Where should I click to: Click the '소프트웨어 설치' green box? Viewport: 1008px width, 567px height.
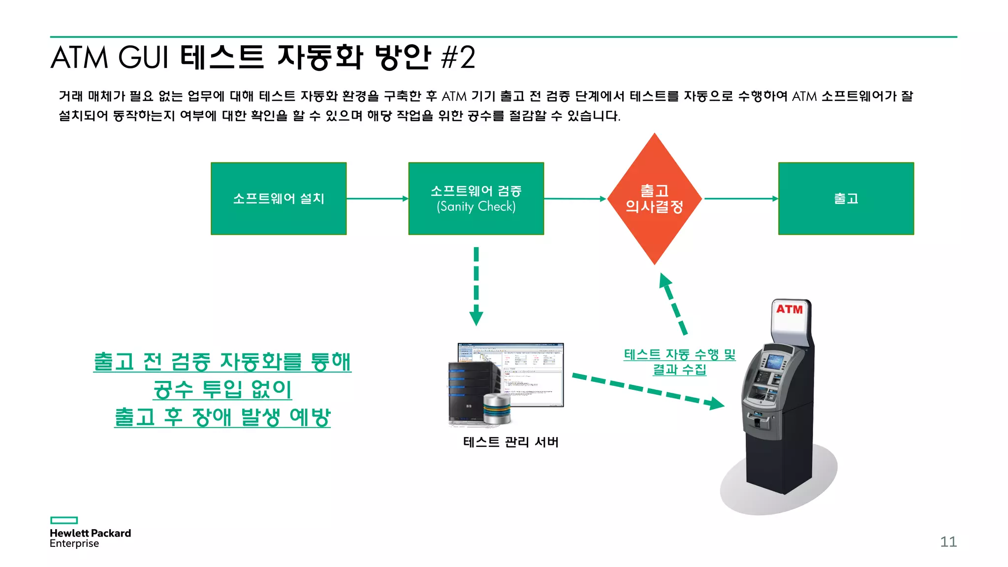(279, 198)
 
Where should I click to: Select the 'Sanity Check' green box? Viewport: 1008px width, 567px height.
(476, 198)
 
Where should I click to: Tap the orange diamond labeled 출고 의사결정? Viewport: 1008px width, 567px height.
(654, 199)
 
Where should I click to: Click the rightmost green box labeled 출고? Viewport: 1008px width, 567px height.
(846, 198)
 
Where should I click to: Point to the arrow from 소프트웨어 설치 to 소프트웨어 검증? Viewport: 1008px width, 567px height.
(377, 199)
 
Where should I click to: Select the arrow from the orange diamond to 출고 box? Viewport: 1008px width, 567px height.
(741, 199)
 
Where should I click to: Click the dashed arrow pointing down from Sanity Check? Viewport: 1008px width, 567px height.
(476, 285)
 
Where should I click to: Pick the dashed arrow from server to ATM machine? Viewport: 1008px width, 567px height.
(647, 391)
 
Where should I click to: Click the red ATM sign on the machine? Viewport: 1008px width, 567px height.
(789, 310)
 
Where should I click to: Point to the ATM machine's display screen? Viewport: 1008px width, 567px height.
(775, 361)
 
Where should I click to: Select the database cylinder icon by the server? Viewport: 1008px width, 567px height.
(497, 409)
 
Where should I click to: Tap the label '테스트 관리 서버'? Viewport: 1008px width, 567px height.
(510, 442)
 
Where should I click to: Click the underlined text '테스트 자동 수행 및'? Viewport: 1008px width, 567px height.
(679, 354)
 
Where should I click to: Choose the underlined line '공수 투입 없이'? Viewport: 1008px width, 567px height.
(222, 389)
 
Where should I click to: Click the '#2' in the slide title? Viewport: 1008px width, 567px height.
(458, 58)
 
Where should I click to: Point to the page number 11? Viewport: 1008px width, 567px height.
(948, 542)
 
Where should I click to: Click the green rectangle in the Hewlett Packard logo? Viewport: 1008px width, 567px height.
(64, 520)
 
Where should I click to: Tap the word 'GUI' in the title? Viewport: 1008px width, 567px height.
(143, 58)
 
